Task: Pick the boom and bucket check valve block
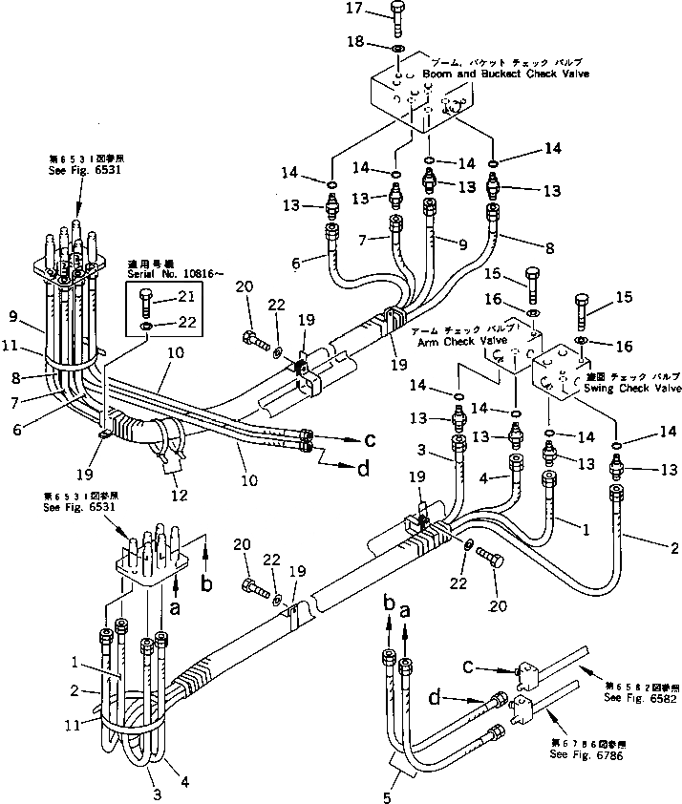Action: pos(420,98)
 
